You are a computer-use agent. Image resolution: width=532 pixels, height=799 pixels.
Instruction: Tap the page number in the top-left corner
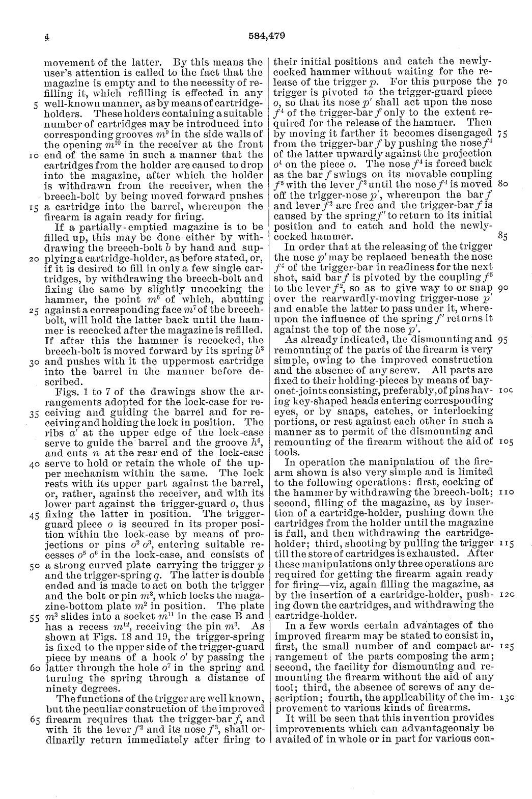[45, 37]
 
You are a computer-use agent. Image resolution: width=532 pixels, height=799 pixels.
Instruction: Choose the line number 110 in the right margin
[502, 493]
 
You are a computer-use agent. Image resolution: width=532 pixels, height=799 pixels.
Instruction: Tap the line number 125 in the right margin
[502, 646]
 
